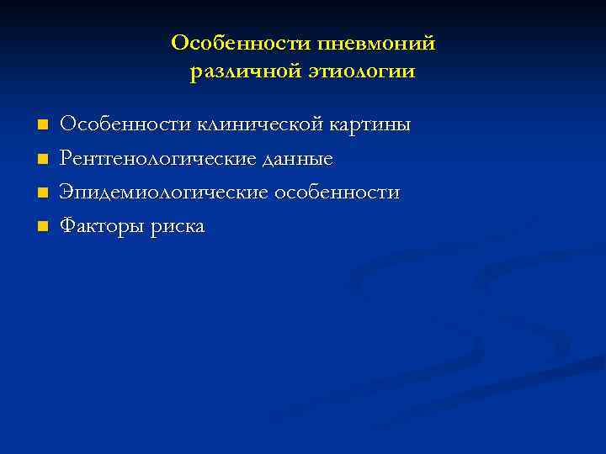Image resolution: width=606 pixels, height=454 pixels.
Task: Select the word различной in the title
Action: [x=237, y=72]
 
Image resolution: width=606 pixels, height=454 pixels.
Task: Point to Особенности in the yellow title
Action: [x=240, y=42]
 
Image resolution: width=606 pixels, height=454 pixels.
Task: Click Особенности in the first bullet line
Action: [x=125, y=125]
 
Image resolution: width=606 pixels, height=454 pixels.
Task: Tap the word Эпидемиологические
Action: [x=163, y=193]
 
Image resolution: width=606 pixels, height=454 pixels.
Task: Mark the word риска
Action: [x=177, y=227]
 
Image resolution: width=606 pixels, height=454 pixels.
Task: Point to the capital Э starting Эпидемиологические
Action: [x=66, y=192]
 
